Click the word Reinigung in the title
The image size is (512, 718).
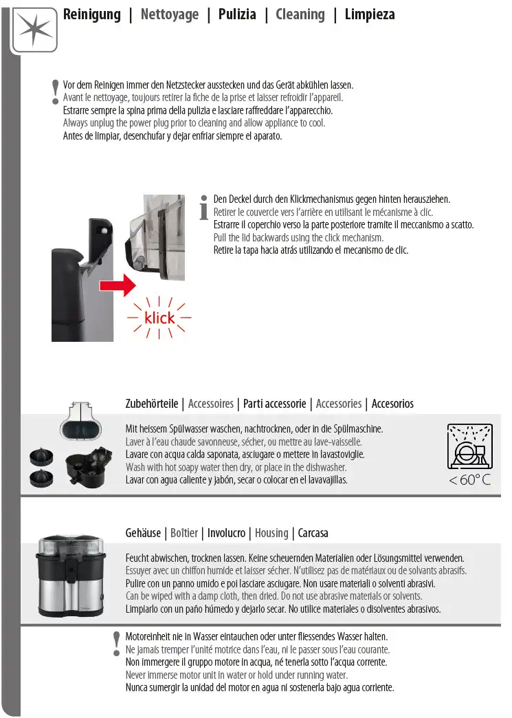(x=91, y=14)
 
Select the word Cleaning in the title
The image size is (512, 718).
(x=300, y=14)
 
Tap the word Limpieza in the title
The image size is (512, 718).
(x=370, y=14)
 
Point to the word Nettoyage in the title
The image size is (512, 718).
(x=169, y=14)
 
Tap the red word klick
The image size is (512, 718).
(x=159, y=318)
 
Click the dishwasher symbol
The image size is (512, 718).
(x=469, y=446)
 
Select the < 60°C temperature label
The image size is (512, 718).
(x=470, y=480)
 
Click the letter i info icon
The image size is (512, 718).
(x=203, y=208)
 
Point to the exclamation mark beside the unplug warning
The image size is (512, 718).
(x=55, y=92)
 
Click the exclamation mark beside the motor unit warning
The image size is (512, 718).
(x=116, y=643)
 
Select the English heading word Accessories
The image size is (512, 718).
(x=338, y=404)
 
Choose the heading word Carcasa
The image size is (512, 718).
(x=313, y=533)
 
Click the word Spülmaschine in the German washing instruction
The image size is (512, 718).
(x=357, y=429)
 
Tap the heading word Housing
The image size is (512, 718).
(x=271, y=533)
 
